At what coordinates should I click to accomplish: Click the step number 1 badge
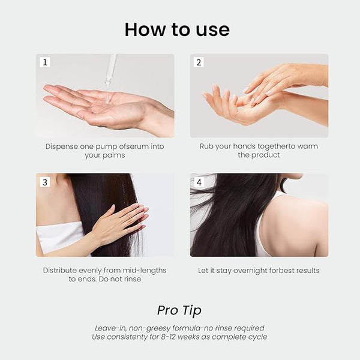click(x=45, y=62)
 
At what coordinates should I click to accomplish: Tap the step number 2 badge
click(x=199, y=62)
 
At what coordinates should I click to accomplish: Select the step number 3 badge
click(x=45, y=182)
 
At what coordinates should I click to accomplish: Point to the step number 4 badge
click(x=199, y=182)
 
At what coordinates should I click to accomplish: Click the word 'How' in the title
click(x=145, y=29)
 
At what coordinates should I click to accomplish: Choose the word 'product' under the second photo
click(x=267, y=155)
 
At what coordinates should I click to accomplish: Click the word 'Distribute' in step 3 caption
click(x=60, y=270)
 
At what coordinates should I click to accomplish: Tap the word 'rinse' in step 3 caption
click(x=133, y=279)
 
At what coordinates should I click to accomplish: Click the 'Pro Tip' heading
click(x=179, y=311)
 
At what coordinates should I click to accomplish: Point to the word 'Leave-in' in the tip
click(x=110, y=328)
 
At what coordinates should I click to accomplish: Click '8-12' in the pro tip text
click(x=168, y=337)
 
